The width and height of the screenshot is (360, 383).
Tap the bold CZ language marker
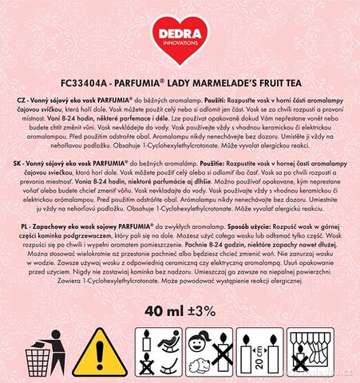(21, 93)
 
